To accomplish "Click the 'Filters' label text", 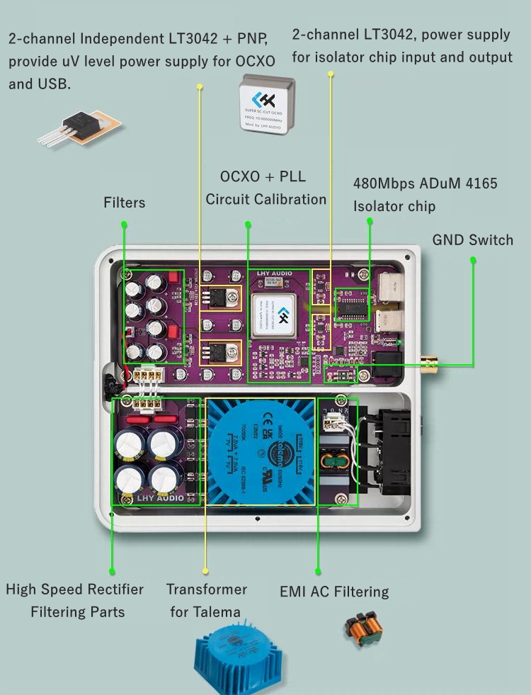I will pos(125,203).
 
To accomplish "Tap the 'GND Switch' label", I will pos(472,240).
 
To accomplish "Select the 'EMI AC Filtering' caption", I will pos(334,592).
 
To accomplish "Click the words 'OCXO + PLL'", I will pos(263,176).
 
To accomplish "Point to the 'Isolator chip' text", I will pos(394,206).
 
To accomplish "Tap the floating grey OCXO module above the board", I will pos(267,106).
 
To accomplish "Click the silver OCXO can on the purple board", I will pos(276,315).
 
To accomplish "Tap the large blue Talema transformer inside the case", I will pos(262,453).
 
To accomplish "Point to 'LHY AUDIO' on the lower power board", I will pos(159,498).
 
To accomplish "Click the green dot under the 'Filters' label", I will pos(124,224).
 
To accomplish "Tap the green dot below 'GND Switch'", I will pos(473,260).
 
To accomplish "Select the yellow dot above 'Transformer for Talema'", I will pos(205,570).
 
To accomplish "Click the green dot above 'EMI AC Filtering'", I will pos(318,571).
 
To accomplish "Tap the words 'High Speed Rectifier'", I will pos(74,589).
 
